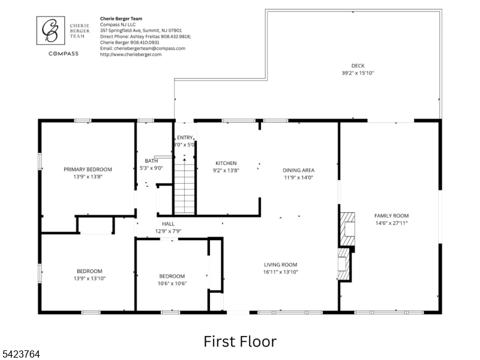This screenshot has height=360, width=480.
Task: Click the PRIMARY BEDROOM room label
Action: (x=88, y=169)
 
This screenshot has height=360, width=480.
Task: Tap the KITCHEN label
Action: (x=226, y=163)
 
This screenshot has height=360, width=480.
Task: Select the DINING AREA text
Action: (x=298, y=170)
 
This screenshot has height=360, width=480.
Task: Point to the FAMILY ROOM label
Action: (x=392, y=215)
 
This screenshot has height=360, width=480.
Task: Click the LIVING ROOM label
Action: (x=281, y=265)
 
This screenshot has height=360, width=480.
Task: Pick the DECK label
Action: (x=358, y=65)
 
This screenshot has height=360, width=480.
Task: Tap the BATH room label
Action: (x=151, y=161)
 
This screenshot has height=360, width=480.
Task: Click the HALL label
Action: (x=169, y=224)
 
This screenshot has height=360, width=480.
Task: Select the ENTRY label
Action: (x=185, y=138)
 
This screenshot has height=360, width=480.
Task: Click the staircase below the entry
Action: (x=184, y=188)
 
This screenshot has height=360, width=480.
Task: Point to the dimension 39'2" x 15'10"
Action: (x=358, y=73)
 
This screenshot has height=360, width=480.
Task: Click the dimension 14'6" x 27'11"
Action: (x=392, y=223)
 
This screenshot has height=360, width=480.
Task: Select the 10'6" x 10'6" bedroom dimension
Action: (x=172, y=283)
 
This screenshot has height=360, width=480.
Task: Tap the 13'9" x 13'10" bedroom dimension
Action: (x=89, y=278)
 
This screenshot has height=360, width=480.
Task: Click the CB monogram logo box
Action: (x=50, y=31)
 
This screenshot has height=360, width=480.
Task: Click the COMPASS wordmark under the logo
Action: (x=64, y=53)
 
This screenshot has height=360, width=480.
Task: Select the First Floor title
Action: (x=240, y=341)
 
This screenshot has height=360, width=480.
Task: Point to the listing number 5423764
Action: (x=20, y=354)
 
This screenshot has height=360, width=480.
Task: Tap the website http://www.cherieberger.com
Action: (x=131, y=55)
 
